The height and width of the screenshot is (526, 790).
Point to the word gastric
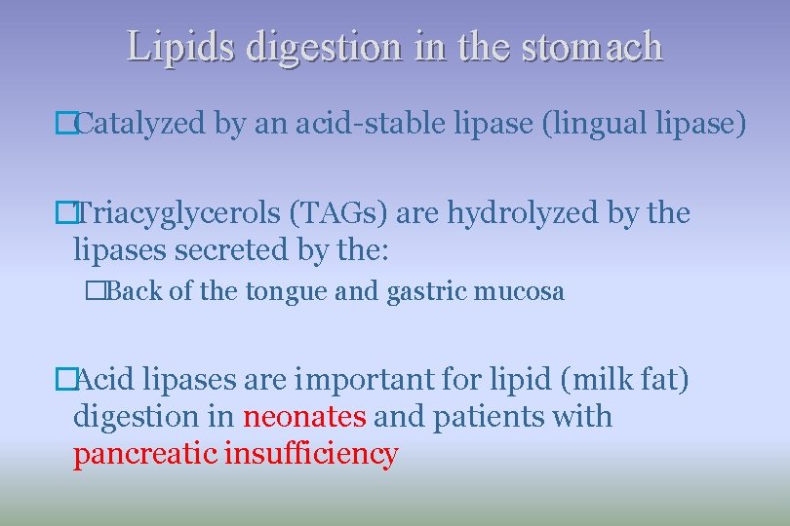[418, 291]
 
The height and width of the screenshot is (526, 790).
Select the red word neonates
[304, 416]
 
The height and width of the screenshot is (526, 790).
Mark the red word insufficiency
[311, 454]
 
